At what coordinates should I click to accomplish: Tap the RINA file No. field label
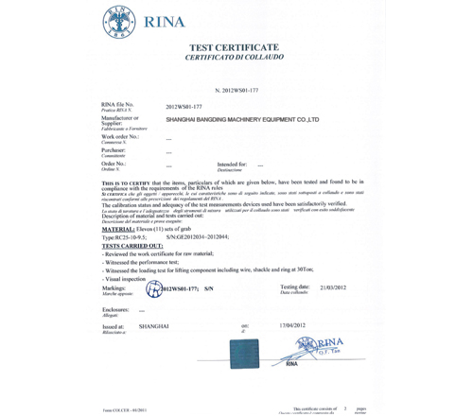coord(118,106)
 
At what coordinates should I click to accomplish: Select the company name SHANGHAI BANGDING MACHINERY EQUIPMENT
coord(242,121)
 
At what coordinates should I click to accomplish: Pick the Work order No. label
coord(120,136)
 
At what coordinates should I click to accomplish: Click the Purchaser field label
coord(114,149)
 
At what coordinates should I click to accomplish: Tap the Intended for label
coord(233,164)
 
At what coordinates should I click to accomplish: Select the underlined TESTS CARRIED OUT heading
coord(132,247)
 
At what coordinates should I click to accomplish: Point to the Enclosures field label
coord(116,308)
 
